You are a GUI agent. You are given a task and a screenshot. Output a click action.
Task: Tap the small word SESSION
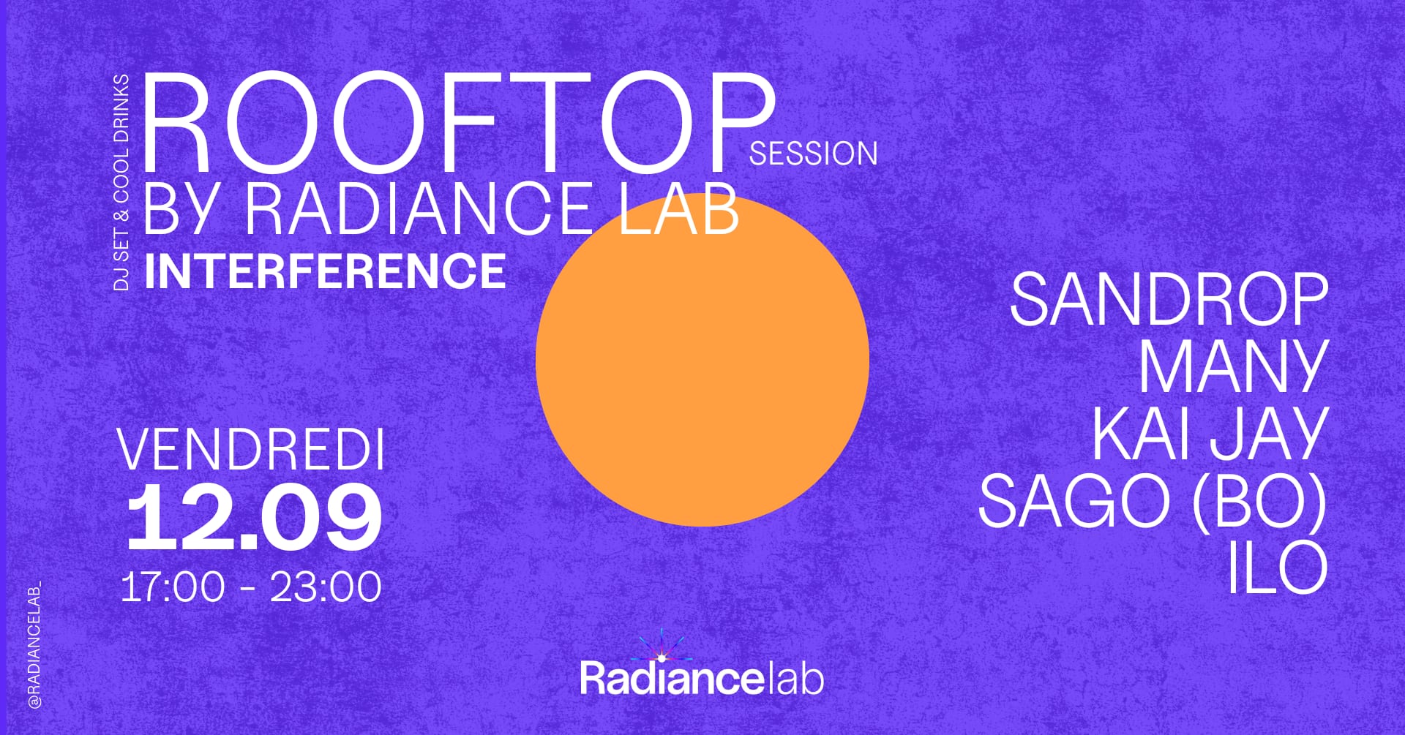pyautogui.click(x=813, y=154)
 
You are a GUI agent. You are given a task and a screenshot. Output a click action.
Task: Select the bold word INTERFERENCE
pyautogui.click(x=325, y=271)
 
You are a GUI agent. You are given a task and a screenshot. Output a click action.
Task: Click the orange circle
pyautogui.click(x=702, y=359)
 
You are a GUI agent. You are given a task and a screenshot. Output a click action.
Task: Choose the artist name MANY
pyautogui.click(x=1233, y=366)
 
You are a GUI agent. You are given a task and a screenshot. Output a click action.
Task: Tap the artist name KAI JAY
pyautogui.click(x=1210, y=434)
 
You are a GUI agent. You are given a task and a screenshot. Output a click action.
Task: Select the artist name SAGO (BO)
pyautogui.click(x=1153, y=502)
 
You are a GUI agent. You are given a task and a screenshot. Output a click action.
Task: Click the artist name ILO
pyautogui.click(x=1277, y=568)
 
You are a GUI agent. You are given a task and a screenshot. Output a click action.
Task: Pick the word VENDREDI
pyautogui.click(x=251, y=451)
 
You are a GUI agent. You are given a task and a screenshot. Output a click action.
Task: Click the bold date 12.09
pyautogui.click(x=254, y=518)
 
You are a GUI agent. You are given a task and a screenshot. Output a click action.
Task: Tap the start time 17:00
pyautogui.click(x=173, y=587)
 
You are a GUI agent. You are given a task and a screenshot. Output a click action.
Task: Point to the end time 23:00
pyautogui.click(x=326, y=587)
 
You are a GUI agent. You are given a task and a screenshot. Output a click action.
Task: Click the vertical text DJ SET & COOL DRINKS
pyautogui.click(x=121, y=182)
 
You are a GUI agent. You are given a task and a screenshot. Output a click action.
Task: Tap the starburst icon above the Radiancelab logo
pyautogui.click(x=662, y=647)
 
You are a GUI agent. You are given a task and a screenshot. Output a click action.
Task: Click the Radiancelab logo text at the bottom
pyautogui.click(x=702, y=678)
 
